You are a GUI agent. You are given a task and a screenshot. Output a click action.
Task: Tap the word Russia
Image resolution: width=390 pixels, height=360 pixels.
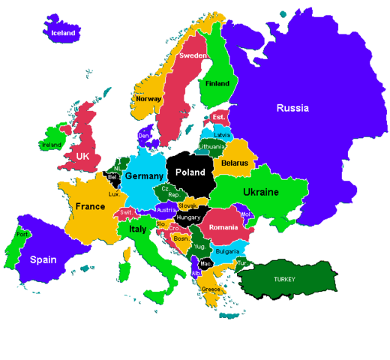tap(292, 108)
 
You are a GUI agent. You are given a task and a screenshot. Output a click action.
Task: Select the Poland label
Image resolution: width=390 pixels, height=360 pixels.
tap(190, 172)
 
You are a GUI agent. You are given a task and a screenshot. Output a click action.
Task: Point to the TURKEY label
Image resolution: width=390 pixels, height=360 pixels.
tap(284, 279)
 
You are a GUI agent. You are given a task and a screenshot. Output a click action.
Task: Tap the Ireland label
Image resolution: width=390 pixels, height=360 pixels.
tap(52, 145)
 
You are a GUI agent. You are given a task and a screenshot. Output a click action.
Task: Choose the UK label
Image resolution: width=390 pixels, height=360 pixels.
tap(84, 155)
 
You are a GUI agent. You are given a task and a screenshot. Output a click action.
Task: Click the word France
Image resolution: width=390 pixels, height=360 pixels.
tap(90, 205)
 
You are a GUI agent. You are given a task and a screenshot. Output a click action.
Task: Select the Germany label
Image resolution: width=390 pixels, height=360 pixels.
tap(143, 175)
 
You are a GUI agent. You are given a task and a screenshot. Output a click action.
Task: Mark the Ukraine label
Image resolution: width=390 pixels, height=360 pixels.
tap(261, 192)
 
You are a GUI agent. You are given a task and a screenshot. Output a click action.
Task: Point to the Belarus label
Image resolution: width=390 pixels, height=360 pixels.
tap(235, 163)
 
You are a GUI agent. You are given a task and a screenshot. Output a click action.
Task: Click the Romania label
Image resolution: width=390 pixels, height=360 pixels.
tap(223, 227)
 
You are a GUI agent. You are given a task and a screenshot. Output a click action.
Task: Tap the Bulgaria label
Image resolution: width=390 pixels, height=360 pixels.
tap(226, 251)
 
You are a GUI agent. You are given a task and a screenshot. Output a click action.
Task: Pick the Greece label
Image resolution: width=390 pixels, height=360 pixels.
tap(211, 289)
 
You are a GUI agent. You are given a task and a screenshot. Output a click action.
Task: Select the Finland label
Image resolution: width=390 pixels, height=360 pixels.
tap(217, 83)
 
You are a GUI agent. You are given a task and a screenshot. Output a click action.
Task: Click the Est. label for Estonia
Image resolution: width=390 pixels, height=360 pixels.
tap(218, 118)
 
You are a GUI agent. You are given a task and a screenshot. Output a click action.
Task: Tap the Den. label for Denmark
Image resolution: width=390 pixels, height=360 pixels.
tap(144, 136)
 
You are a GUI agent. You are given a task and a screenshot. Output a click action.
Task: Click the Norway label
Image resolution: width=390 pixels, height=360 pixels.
tap(148, 98)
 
